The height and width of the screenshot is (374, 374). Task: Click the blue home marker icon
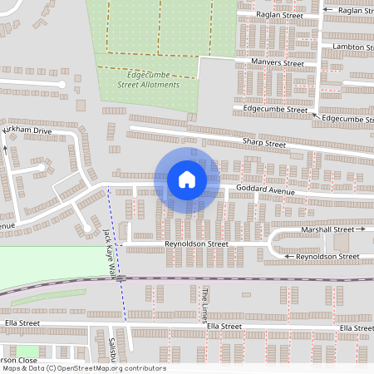tap(187, 179)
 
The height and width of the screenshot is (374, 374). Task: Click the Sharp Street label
tap(263, 144)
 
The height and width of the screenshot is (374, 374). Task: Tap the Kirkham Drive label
tap(27, 131)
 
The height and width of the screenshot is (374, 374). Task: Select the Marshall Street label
tap(327, 229)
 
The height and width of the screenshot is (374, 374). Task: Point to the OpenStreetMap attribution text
tap(83, 368)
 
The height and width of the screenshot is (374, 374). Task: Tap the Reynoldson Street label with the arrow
tap(327, 257)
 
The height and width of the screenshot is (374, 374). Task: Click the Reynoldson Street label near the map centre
tap(196, 244)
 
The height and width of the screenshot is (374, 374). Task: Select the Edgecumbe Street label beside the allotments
tap(275, 109)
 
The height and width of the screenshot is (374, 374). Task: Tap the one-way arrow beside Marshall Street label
tap(362, 229)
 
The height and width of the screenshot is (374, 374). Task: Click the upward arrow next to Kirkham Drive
tap(6, 149)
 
